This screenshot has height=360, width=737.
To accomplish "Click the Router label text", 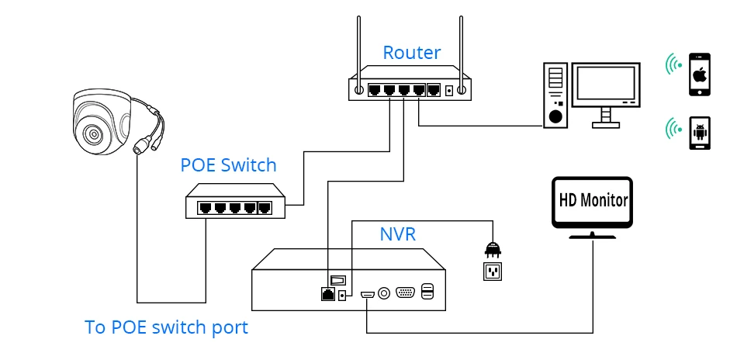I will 411,53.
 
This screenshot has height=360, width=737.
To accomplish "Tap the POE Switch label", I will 228,165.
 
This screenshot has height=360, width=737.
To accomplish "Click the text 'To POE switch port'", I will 166,327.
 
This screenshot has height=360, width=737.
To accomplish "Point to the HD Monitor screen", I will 593,199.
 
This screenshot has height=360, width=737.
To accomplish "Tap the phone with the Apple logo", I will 701,75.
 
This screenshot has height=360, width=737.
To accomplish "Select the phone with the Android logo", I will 701,134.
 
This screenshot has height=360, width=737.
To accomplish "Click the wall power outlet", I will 493,271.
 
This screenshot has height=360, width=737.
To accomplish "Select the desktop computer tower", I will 555,95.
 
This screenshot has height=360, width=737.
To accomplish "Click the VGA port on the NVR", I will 405,293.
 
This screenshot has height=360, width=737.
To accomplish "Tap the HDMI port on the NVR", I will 366,295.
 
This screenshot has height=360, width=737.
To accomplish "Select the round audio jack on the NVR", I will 384,293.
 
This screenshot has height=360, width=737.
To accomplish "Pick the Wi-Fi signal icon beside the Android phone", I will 673,128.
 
